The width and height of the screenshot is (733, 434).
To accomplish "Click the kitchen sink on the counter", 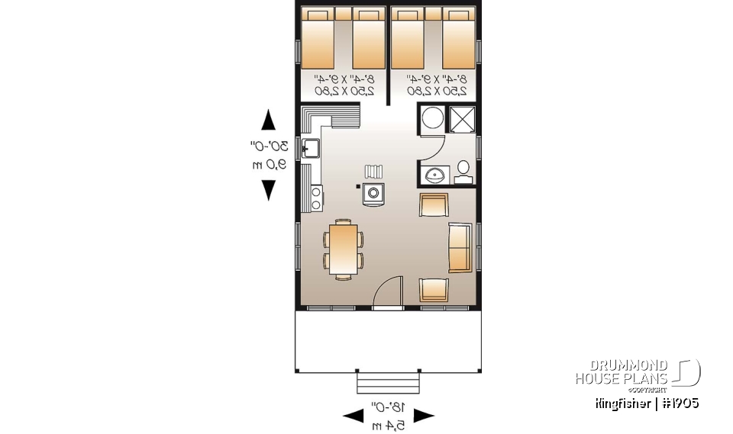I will pos(310,149).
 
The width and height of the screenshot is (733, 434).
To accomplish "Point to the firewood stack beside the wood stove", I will pos(373,170).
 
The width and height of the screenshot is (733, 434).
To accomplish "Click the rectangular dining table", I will pos(344,249).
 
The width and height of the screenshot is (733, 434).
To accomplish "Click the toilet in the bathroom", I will pos(462,172).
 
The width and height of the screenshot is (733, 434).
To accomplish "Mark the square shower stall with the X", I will pos(462,120).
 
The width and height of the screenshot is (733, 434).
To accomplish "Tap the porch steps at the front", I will pos(388,381).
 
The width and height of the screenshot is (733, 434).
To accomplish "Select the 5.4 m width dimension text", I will pos(389,424).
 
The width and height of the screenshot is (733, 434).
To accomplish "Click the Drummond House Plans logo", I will pos(638,373).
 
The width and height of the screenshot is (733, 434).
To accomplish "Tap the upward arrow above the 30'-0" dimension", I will pos(268,120).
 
